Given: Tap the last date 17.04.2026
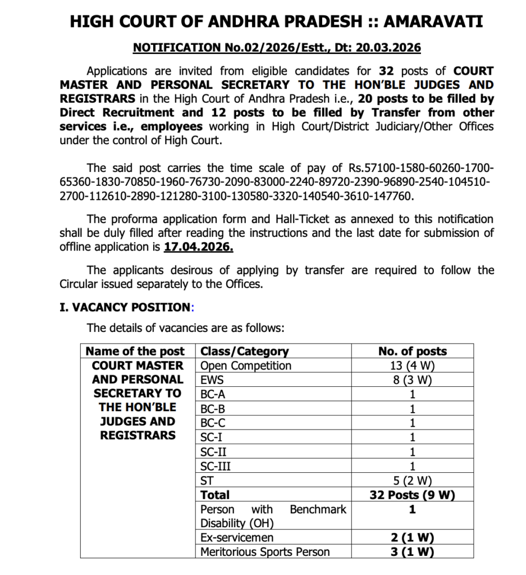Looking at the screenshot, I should (x=198, y=247).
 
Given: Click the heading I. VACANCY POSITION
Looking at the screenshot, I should (x=126, y=307).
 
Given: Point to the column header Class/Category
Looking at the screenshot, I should (x=244, y=352).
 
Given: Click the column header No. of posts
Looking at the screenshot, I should (x=412, y=352).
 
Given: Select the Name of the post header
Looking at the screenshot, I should (x=135, y=352).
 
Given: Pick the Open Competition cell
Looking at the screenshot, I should (x=246, y=366).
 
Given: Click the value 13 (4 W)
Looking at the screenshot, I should (x=412, y=366).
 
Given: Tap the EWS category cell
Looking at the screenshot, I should (x=212, y=380).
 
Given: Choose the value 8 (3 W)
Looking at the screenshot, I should (x=412, y=380).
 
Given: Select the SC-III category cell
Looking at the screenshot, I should (x=216, y=466).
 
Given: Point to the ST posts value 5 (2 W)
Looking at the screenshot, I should (x=412, y=481).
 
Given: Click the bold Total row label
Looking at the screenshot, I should (x=215, y=495).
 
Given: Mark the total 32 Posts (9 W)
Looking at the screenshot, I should (x=412, y=495).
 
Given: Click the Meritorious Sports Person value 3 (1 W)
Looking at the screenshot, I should (x=412, y=552).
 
